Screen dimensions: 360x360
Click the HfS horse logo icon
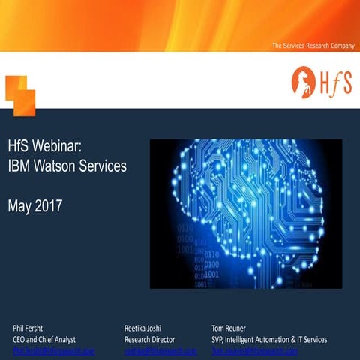click(x=303, y=80)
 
